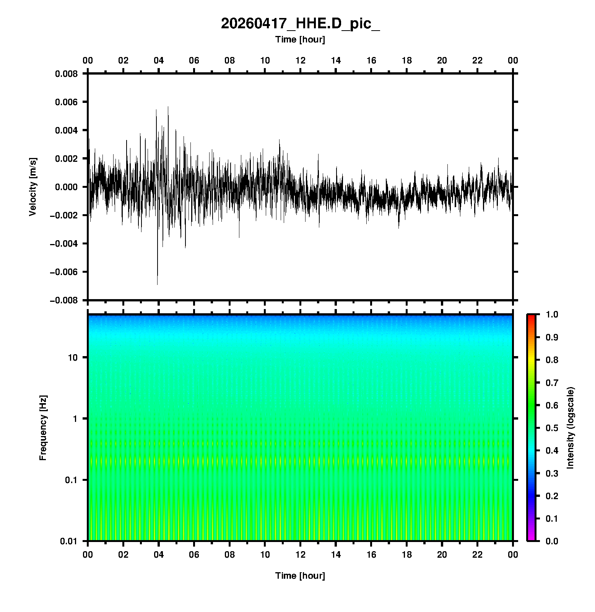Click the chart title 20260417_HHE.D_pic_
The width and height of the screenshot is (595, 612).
300,24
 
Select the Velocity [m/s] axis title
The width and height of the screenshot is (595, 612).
33,187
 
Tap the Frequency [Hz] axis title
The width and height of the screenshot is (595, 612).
43,428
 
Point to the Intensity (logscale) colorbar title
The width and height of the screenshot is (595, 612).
571,428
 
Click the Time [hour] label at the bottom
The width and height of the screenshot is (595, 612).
300,576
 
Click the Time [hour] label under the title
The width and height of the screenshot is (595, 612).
300,39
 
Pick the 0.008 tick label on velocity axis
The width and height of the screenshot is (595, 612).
66,74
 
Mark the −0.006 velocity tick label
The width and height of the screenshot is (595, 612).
63,272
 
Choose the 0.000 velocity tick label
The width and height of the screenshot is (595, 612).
66,187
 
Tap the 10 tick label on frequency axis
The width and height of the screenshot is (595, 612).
73,358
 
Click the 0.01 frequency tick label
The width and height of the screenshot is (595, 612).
69,541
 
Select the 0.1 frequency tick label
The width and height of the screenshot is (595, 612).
71,480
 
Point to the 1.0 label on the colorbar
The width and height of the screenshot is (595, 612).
552,314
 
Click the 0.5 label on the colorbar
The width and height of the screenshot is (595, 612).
552,428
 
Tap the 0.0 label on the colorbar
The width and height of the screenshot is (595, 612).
552,541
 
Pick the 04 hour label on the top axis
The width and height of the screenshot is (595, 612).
159,60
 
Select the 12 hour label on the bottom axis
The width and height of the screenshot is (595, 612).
301,555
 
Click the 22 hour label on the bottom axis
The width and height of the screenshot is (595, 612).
478,555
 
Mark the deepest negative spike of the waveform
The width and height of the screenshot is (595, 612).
157,284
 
